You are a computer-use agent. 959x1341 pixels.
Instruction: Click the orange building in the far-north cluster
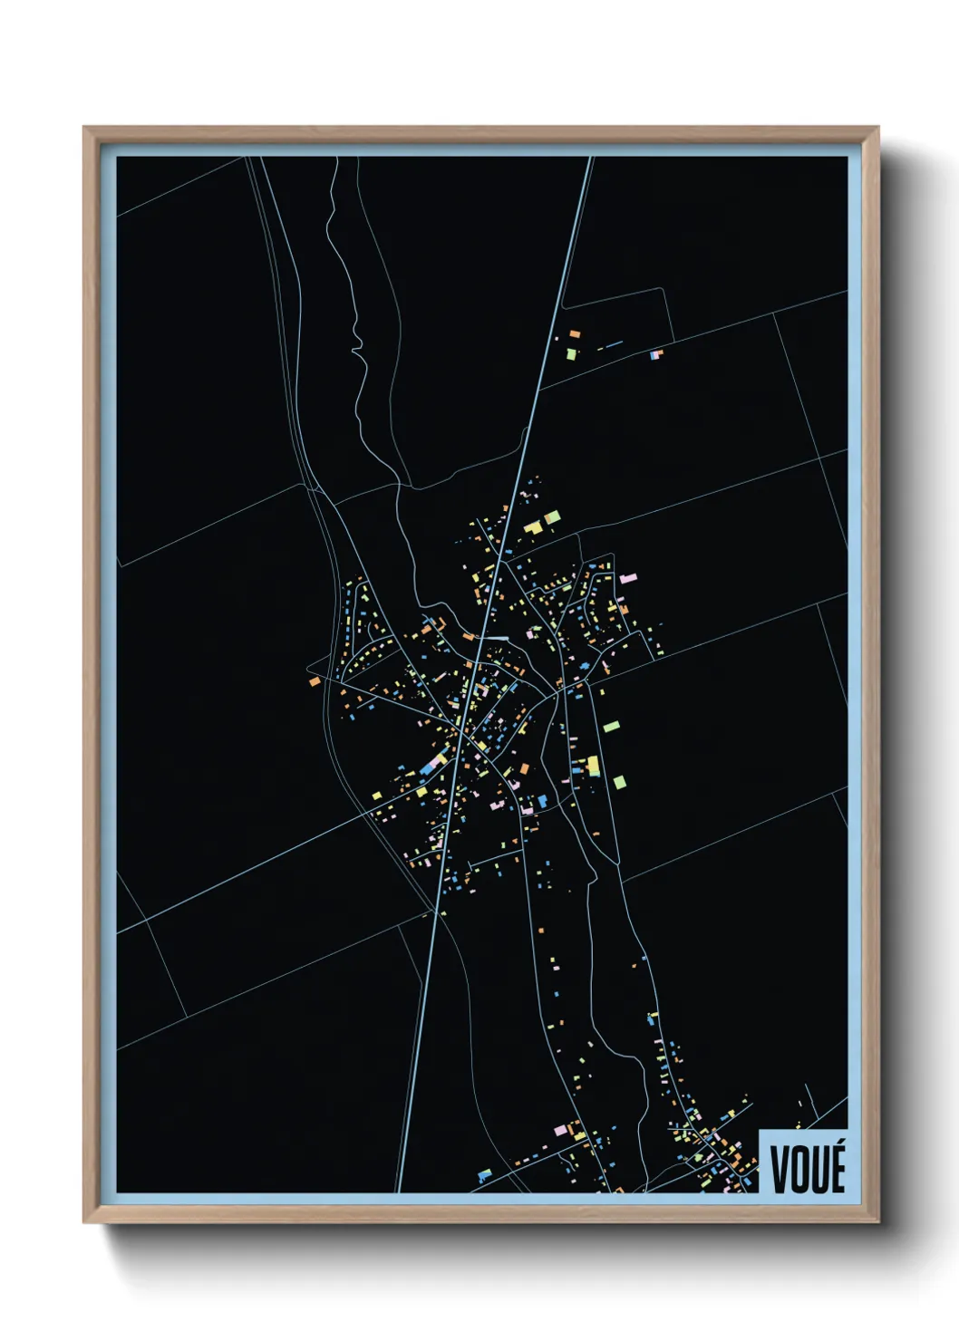pos(574,334)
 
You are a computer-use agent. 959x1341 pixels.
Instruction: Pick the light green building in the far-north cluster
pos(571,353)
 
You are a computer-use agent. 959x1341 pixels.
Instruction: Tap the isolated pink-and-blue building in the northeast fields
pos(656,354)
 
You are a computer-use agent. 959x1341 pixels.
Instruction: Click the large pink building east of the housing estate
pos(628,576)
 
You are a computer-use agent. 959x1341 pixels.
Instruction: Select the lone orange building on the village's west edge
pos(314,680)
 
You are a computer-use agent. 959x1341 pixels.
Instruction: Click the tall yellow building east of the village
pos(594,766)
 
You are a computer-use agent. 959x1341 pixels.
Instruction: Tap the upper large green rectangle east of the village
pos(611,727)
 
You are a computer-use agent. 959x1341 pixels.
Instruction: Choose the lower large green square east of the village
pos(619,781)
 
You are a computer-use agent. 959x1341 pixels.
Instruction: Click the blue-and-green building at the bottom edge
pos(484,1175)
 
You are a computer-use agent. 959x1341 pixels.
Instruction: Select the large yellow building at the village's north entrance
pos(533,526)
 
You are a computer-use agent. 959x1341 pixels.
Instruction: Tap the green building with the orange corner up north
pos(551,518)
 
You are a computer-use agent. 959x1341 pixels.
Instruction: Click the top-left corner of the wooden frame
pos(87,130)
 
